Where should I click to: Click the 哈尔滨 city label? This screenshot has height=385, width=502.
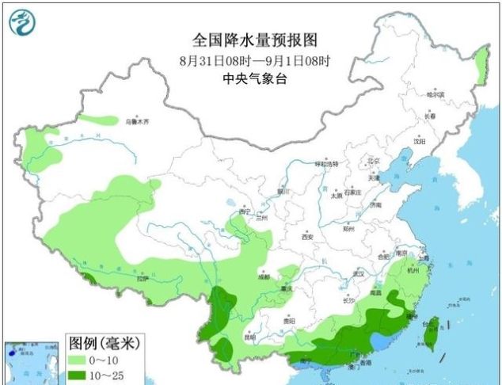pos(435,94)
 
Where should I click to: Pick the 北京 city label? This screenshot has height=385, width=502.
pos(374,162)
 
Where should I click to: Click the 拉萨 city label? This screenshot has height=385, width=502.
pos(142,278)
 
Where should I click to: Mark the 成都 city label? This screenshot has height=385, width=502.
pos(262,276)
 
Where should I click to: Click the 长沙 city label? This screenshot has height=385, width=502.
pos(350,300)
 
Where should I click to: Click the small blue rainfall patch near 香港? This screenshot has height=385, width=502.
pos(380,344)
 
